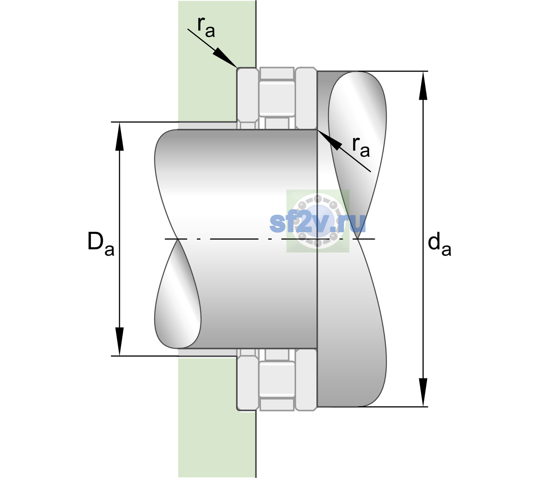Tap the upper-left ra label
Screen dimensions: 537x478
coord(206,27)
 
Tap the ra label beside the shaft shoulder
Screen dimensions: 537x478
coord(361,147)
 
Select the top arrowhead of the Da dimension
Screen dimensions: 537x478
coord(120,136)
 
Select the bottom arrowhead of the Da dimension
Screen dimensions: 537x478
coord(120,341)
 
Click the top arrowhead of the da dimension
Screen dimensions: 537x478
coord(423,86)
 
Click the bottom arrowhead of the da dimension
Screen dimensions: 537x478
coord(423,392)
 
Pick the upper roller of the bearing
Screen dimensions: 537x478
coord(277,99)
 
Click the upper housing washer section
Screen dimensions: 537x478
coord(248,98)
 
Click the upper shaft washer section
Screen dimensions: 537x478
coord(306,98)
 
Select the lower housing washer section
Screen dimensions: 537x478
coord(248,380)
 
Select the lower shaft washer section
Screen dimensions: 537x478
coord(306,380)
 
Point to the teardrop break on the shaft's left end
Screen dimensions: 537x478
coord(178,294)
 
